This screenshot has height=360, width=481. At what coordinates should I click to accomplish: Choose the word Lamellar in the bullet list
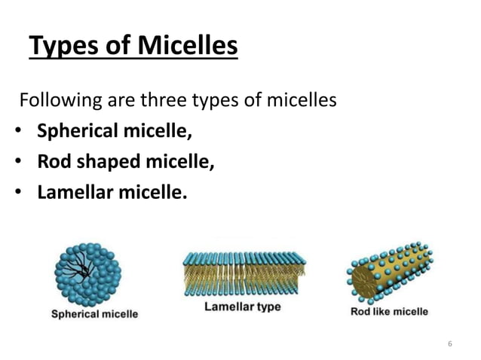pyautogui.click(x=75, y=193)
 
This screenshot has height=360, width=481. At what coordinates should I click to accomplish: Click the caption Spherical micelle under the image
pyautogui.click(x=94, y=313)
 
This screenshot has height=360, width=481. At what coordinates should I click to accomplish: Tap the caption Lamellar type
pyautogui.click(x=241, y=307)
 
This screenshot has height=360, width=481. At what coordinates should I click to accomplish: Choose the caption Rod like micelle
pyautogui.click(x=390, y=311)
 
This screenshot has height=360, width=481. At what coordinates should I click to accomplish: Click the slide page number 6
pyautogui.click(x=449, y=344)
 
